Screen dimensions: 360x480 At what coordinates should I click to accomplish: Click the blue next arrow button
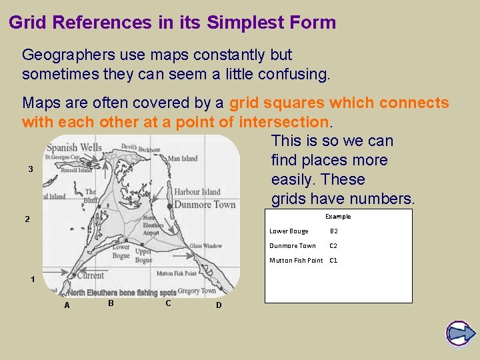459,333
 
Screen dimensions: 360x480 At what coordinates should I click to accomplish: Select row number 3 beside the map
31,169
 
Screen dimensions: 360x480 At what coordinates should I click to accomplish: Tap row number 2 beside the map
27,219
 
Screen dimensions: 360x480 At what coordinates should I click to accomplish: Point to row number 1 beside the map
32,279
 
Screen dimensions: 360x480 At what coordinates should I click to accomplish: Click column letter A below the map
67,305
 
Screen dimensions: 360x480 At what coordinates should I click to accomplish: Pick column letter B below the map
111,303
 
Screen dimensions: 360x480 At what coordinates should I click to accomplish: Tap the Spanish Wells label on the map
75,147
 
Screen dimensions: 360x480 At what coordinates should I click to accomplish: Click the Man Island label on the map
182,159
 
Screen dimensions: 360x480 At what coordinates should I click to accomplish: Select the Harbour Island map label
197,192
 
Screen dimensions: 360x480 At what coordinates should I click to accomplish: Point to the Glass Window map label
205,246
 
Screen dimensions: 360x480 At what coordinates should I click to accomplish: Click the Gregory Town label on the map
197,291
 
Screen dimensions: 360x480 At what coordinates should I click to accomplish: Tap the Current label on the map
90,275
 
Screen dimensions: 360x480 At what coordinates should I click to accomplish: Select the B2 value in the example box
334,231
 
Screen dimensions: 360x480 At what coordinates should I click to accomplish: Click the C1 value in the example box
333,261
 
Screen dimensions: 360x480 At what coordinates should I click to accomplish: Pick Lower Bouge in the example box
289,231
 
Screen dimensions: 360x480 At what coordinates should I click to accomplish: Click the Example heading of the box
338,217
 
